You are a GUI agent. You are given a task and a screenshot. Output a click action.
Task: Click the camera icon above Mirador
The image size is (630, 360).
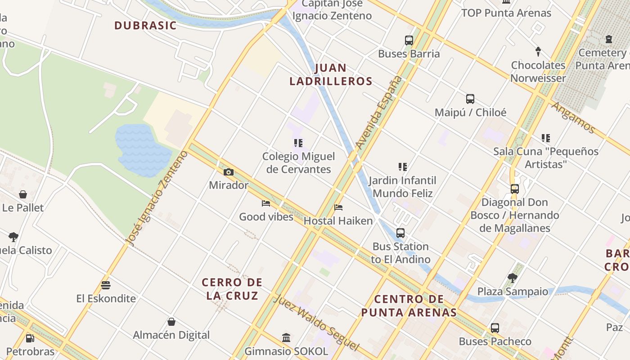(229, 172)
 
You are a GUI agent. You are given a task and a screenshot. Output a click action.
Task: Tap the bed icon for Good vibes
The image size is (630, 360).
(266, 203)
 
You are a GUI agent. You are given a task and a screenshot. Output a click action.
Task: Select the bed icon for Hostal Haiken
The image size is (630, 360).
(338, 207)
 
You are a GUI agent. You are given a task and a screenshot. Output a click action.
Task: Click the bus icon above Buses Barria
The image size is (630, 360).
(409, 40)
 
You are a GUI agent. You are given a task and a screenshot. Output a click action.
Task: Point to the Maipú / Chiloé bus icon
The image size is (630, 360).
(470, 99)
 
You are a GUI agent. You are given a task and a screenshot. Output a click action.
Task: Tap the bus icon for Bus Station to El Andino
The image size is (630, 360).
(400, 233)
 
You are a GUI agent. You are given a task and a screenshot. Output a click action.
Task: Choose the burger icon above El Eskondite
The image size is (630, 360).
(106, 285)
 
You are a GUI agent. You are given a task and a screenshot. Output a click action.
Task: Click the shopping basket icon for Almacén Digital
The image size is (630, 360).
(171, 322)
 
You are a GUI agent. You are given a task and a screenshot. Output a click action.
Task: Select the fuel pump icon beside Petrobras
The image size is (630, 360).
(30, 338)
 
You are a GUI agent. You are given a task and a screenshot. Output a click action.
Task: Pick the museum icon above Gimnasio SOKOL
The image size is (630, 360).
(286, 337)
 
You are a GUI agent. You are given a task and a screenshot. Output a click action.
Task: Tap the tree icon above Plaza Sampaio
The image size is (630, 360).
(512, 278)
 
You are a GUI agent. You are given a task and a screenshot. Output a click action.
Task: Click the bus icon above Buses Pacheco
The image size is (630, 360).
(495, 328)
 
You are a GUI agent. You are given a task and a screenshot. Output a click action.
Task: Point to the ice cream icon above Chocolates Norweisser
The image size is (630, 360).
(538, 51)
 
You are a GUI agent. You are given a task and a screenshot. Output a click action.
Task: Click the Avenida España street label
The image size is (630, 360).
(379, 112)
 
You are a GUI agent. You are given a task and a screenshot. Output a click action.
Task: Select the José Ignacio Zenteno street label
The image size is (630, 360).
(157, 198)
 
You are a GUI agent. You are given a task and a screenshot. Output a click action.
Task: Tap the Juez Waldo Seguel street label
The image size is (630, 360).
(316, 322)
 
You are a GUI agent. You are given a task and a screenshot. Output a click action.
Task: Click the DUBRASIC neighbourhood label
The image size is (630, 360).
(145, 26)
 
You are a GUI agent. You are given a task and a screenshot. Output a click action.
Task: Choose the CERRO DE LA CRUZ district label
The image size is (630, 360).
(232, 289)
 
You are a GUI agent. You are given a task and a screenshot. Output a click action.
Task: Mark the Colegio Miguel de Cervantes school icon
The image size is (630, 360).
(298, 143)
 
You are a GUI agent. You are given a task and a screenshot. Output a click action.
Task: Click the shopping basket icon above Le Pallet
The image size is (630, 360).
(23, 194)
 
